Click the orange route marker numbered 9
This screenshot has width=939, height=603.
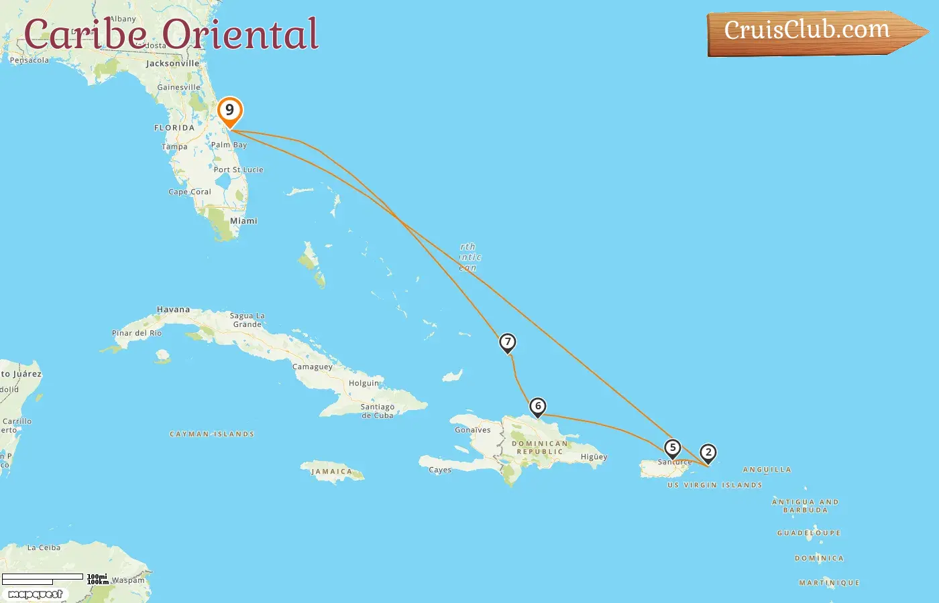[x=229, y=111]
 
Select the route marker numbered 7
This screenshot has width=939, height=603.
[x=508, y=342]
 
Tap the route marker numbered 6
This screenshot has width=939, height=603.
[x=537, y=406]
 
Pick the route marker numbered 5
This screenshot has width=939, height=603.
[x=672, y=448]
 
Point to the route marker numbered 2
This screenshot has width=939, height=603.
[x=708, y=452]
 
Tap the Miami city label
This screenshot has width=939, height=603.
[x=243, y=220]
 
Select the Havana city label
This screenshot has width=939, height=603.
[x=173, y=310]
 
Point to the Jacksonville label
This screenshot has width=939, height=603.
[x=172, y=64]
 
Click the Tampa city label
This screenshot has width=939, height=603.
[x=174, y=147]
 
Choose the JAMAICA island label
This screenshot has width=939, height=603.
[x=331, y=472]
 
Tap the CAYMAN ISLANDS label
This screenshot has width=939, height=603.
[x=212, y=434]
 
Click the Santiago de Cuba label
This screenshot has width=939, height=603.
[x=378, y=411]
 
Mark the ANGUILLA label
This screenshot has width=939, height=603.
[x=767, y=470]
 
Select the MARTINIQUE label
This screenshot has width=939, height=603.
[x=829, y=583]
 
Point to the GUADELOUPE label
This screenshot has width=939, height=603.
[x=808, y=533]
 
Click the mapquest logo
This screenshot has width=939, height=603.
[x=36, y=594]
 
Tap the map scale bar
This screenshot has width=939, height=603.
[x=43, y=578]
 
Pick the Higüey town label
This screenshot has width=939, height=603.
[x=594, y=457]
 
